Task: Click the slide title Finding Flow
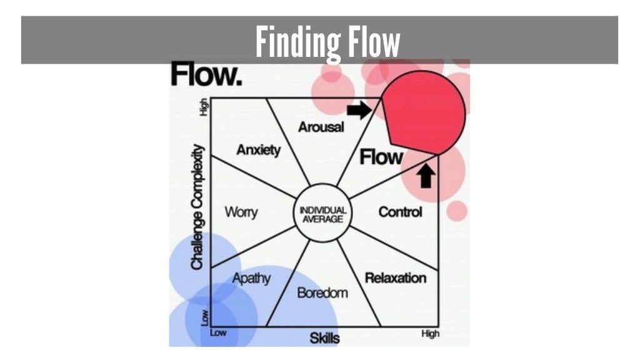(x=327, y=42)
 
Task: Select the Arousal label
(x=321, y=127)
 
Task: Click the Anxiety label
(x=259, y=150)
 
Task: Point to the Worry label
(x=241, y=212)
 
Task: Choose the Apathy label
(x=251, y=278)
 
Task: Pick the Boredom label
(x=322, y=292)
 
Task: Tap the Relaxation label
(x=396, y=277)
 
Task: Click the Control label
(x=400, y=212)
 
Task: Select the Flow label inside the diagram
(x=381, y=157)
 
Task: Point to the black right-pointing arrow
(x=359, y=111)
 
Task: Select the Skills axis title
(x=325, y=339)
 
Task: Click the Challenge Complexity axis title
(x=197, y=207)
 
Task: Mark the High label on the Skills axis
(x=430, y=334)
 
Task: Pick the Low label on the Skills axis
(x=218, y=333)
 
